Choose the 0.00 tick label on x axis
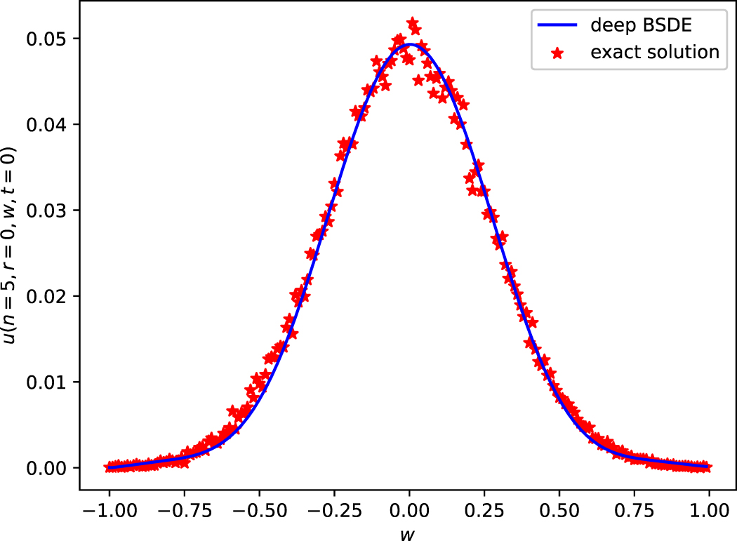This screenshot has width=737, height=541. pos(409,507)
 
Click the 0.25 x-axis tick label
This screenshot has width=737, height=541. pos(484,507)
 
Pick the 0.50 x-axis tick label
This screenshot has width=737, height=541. pos(559,507)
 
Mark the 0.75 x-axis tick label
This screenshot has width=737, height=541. pos(635,507)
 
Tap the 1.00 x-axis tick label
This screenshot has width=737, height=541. pos(709,507)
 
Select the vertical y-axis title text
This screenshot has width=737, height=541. pos(11,246)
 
